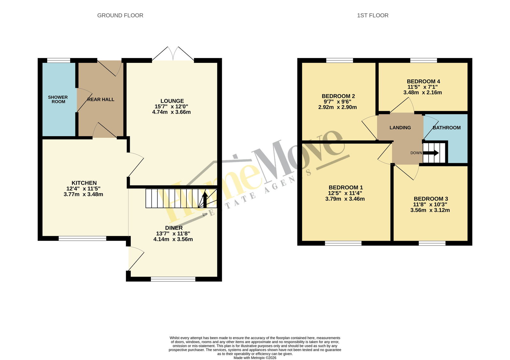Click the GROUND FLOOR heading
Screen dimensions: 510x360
(120, 16)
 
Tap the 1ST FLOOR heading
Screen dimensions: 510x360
(373, 16)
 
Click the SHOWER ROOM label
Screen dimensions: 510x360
(58, 99)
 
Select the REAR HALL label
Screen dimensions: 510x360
(101, 99)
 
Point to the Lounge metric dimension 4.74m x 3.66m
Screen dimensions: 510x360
(171, 112)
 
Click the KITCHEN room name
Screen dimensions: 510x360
(84, 183)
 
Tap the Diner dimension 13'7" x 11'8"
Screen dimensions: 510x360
(173, 233)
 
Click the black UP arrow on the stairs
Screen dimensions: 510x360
(205, 200)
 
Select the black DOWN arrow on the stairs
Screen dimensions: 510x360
(431, 153)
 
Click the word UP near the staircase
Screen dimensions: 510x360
(205, 215)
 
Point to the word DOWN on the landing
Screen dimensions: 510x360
(416, 153)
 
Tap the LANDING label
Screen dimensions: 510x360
(400, 128)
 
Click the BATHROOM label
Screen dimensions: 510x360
(447, 128)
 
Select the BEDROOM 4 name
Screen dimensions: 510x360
(423, 81)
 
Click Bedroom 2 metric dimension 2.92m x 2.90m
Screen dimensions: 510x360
(338, 107)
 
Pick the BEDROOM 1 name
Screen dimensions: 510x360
(346, 187)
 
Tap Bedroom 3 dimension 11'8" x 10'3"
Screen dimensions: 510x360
(430, 204)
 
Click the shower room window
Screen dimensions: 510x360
(59, 60)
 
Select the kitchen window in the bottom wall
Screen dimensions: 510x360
(83, 239)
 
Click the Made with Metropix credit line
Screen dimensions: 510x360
(255, 358)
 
